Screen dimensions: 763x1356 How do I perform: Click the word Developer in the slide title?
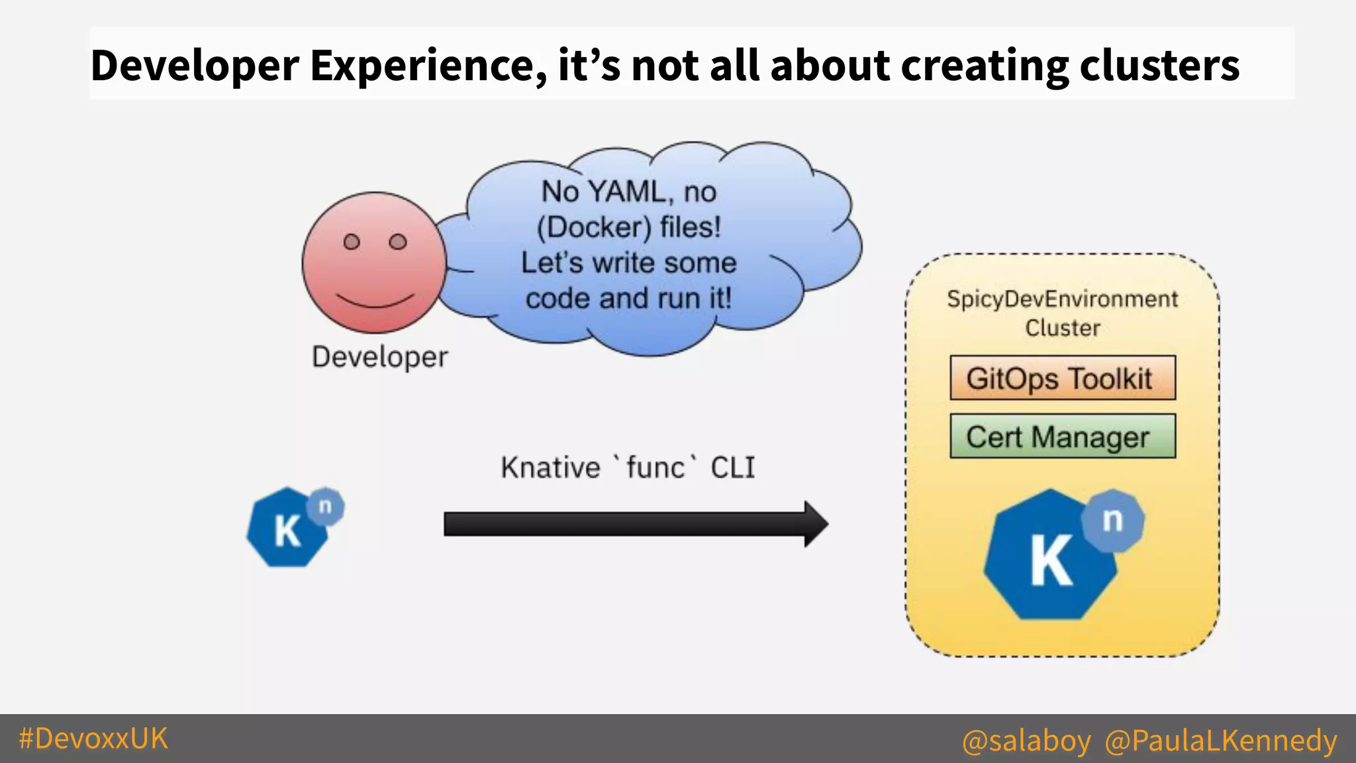[195, 66]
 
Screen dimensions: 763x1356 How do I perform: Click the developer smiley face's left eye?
[352, 242]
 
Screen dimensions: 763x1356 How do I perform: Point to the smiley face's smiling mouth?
[375, 301]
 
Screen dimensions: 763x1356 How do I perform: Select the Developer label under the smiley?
[380, 357]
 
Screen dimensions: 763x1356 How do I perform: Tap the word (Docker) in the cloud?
[594, 228]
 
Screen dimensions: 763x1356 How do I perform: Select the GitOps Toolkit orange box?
[1062, 378]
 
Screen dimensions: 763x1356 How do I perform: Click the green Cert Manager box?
[1062, 436]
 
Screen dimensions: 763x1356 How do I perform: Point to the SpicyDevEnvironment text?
[1062, 299]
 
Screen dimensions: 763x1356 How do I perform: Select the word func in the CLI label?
[655, 468]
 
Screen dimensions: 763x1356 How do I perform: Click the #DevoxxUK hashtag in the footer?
[93, 738]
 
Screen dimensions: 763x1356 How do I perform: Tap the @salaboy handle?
[1026, 740]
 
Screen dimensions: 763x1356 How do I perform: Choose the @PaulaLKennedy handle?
[1220, 740]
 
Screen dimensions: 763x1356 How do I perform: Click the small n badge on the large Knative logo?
[1113, 521]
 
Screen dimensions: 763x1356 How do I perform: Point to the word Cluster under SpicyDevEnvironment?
[1062, 328]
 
